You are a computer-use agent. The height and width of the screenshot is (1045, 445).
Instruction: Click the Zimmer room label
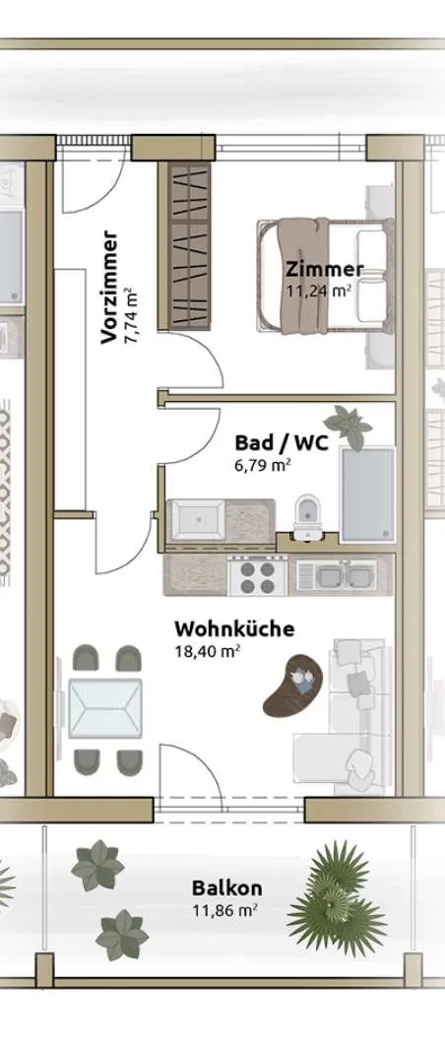(x=325, y=269)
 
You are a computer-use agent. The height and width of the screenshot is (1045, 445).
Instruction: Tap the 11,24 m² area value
(x=319, y=290)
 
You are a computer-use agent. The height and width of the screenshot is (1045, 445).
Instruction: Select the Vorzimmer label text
(x=110, y=288)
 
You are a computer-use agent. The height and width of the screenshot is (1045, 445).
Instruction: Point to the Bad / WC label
(x=282, y=442)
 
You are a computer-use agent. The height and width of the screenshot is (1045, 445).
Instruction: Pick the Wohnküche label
(x=234, y=628)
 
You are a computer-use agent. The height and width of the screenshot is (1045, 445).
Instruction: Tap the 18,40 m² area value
(x=208, y=651)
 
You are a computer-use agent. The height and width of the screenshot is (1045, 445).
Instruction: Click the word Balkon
(x=226, y=887)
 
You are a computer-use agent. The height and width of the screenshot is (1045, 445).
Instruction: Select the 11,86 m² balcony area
(x=225, y=910)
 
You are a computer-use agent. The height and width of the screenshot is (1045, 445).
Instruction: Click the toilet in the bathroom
(x=308, y=515)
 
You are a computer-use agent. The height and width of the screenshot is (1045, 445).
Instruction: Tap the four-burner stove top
(x=258, y=576)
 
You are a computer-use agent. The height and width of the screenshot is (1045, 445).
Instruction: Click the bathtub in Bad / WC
(x=368, y=492)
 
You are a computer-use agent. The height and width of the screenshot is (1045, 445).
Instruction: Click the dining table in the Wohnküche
(x=105, y=708)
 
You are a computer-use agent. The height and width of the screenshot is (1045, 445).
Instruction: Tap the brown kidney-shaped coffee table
(x=292, y=686)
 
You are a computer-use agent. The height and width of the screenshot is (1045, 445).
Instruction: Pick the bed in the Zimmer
(x=326, y=276)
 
